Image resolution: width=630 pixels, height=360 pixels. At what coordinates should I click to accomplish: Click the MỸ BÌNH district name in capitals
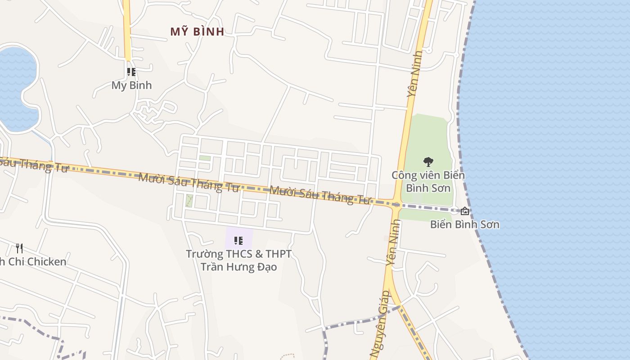[197, 31]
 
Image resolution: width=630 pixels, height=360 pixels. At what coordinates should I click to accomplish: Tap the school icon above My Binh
[131, 72]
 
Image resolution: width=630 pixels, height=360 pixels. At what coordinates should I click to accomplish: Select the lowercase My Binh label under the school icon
[131, 85]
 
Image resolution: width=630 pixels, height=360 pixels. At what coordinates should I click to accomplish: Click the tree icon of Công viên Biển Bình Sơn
[428, 162]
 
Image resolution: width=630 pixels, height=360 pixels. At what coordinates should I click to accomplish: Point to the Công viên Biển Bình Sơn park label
[427, 181]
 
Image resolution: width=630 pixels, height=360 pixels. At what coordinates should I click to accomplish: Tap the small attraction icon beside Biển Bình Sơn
[465, 211]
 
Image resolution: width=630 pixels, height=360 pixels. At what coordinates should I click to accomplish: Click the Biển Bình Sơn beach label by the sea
[464, 224]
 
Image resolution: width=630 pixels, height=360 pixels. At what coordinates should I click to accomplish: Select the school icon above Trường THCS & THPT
[238, 241]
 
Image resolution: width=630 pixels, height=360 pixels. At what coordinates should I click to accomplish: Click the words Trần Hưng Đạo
[238, 267]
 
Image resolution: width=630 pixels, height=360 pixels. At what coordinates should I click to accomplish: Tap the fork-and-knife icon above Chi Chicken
[19, 248]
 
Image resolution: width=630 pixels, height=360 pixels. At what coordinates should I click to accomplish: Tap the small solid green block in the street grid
[205, 158]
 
